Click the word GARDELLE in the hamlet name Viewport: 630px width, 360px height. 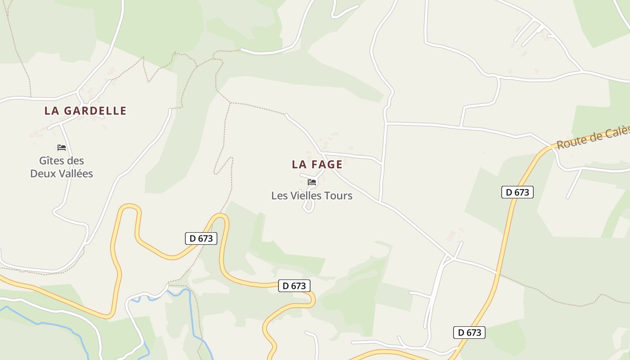pos(95,111)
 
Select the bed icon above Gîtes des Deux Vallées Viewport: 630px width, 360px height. pos(62,148)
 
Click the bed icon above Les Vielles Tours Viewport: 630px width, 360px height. pos(312,182)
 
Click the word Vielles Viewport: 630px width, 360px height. pos(306,196)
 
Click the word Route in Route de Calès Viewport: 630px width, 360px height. pos(569,142)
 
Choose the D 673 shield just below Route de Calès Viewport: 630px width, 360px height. pos(517,192)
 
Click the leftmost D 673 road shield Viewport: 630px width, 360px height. pos(201,238)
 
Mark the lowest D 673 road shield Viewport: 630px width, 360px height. pos(469,333)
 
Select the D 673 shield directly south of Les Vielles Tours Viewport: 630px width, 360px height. pos(294,286)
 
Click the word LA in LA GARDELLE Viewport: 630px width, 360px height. pos(52,111)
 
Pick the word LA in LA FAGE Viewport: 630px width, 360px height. pos(300,165)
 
